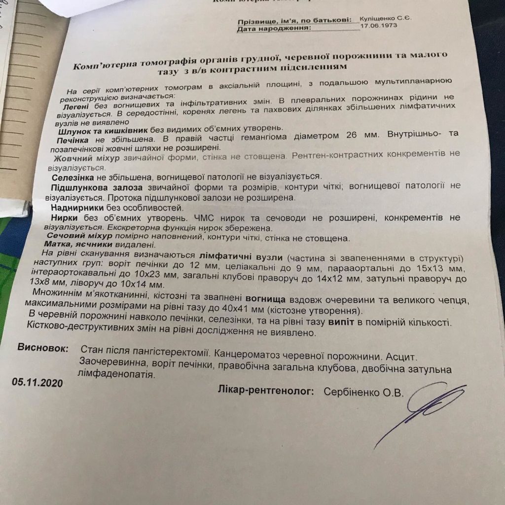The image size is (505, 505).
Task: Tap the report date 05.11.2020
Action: [37, 382]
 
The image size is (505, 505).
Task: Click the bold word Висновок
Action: [43, 348]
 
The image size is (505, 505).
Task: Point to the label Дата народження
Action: [274, 29]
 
